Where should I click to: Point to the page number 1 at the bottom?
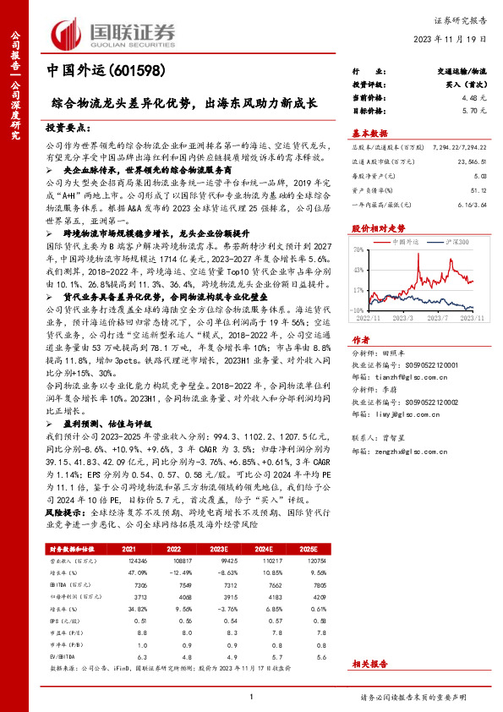click(x=252, y=697)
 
